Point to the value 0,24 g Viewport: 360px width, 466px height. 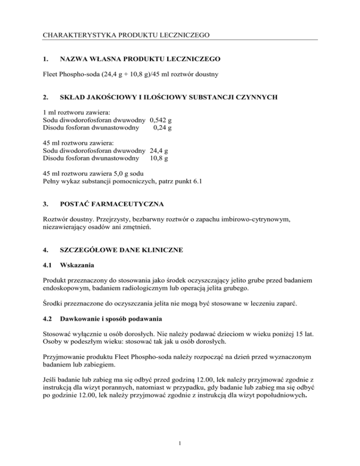161,128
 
